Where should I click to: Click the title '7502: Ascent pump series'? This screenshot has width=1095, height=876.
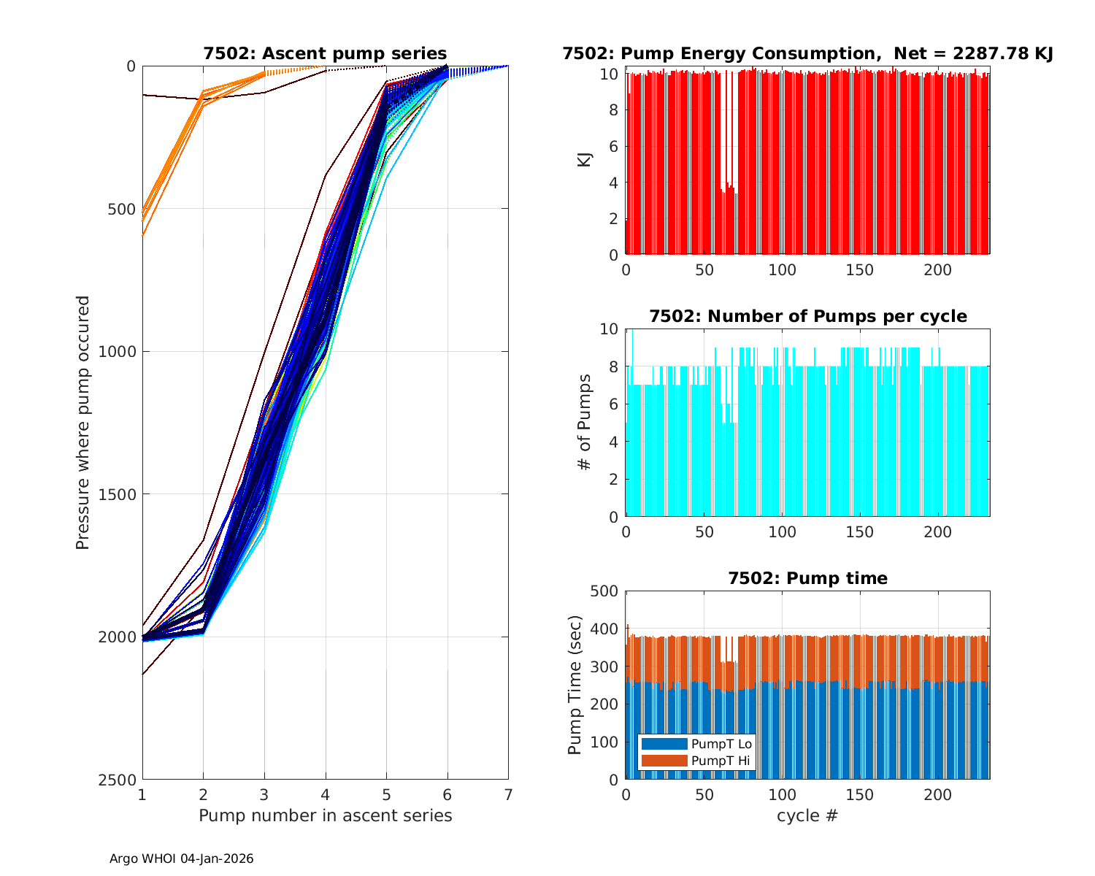[x=325, y=53]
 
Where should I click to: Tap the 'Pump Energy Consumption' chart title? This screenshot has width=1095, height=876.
[x=807, y=53]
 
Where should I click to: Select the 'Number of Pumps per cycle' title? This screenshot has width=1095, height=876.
[x=807, y=316]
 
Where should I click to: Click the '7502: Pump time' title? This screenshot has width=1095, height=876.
[x=807, y=578]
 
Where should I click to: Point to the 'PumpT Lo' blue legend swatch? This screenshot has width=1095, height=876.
[x=664, y=744]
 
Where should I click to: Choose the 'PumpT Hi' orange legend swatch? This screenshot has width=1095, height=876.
[x=664, y=761]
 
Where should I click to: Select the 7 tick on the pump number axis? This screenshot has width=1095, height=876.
[x=508, y=794]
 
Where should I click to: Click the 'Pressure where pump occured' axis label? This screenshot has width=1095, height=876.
[x=83, y=423]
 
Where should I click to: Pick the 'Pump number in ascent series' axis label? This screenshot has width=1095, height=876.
[x=325, y=815]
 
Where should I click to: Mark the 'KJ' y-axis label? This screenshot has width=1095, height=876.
[x=585, y=160]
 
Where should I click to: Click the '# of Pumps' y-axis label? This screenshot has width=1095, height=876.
[x=585, y=422]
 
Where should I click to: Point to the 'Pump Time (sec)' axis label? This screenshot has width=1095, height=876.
[x=575, y=685]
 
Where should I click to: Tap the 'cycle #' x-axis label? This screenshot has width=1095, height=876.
[x=807, y=815]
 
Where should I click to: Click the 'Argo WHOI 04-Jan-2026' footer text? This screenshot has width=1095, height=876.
[x=181, y=858]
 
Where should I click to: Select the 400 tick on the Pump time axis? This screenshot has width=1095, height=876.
[x=604, y=629]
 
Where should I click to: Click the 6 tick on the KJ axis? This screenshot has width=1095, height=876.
[x=612, y=146]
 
